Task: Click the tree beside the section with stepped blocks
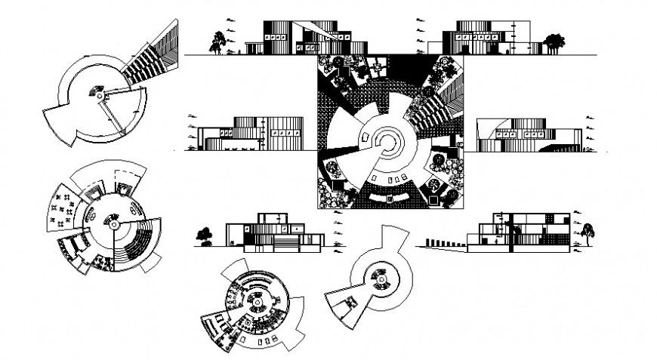(587, 230)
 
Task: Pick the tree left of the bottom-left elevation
(204, 236)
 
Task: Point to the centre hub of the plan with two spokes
(98, 93)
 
